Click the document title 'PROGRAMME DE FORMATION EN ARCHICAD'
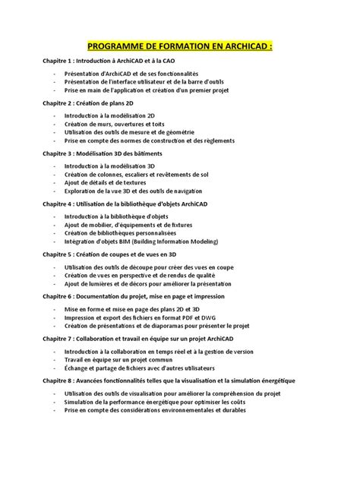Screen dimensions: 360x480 [179, 45]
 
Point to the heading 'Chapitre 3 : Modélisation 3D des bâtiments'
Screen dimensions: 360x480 [109, 153]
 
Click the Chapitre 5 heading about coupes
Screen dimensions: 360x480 [109, 255]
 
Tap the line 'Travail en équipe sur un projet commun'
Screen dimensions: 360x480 [117, 358]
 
